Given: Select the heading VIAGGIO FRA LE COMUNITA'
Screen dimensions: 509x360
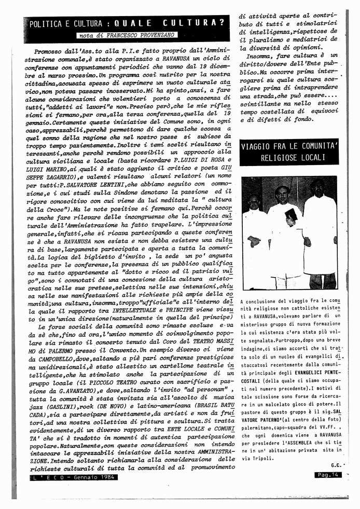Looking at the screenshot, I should pyautogui.click(x=289, y=147).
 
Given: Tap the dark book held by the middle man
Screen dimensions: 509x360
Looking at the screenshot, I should pyautogui.click(x=292, y=214).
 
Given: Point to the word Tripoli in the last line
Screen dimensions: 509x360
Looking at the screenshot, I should pyautogui.click(x=258, y=458).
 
